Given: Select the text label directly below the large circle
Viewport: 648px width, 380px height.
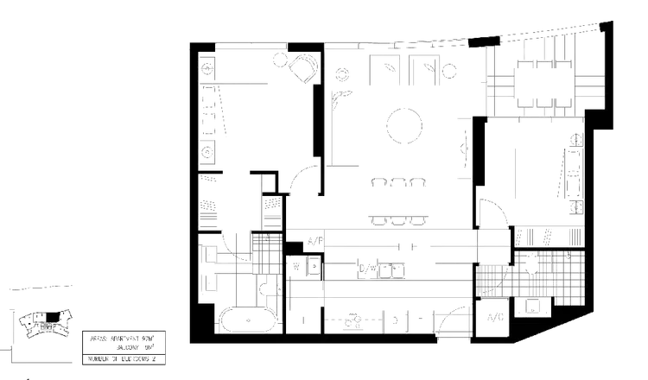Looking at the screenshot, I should (x=398, y=181).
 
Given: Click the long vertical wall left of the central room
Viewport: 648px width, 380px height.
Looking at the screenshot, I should (x=326, y=121).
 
